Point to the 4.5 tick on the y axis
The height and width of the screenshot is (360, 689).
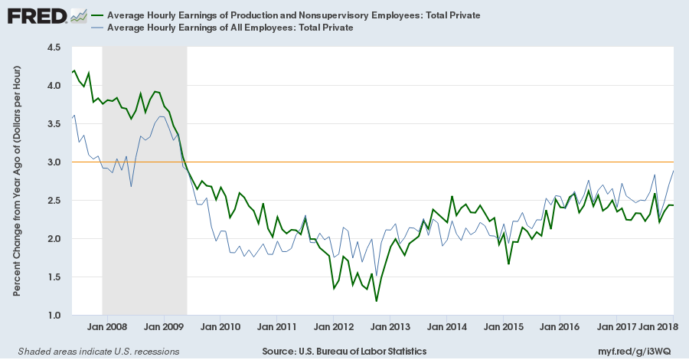pos(54,47)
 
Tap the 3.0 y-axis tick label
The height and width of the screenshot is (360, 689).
pos(54,162)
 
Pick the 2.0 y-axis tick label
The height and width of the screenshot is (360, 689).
pos(54,239)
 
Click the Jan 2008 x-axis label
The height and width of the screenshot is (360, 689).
pos(106,327)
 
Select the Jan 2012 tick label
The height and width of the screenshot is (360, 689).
pos(333,327)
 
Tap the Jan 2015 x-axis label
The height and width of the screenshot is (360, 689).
pos(504,327)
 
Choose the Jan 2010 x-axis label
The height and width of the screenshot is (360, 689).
pos(220,327)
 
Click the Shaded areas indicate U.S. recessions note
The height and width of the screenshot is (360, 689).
pos(93,351)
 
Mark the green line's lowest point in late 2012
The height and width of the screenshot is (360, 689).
pos(376,301)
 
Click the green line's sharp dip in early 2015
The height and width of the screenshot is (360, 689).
pos(508,264)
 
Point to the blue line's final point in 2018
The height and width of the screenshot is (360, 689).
pos(673,171)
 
